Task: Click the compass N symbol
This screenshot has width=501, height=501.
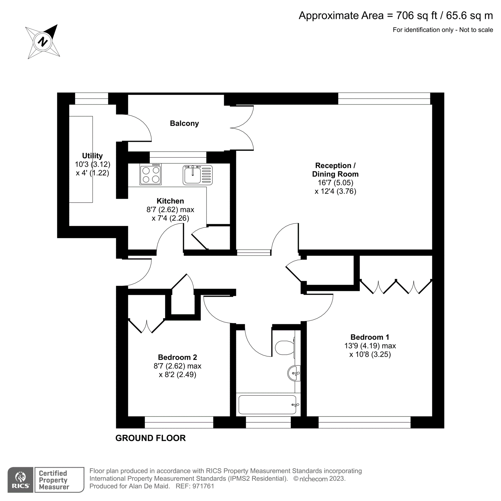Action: click(x=43, y=42)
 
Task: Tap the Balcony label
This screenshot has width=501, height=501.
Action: click(x=184, y=123)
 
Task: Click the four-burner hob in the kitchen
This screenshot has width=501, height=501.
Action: click(x=151, y=175)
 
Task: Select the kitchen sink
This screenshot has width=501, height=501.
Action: click(x=197, y=175)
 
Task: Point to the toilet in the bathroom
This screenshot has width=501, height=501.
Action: click(x=285, y=348)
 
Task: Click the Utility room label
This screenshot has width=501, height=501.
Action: click(x=92, y=156)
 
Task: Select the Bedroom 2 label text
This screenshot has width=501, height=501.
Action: click(x=177, y=357)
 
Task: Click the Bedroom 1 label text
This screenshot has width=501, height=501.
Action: click(x=370, y=337)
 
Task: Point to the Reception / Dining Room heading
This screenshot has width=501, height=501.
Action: click(x=335, y=170)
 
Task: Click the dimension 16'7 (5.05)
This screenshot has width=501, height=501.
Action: click(x=335, y=183)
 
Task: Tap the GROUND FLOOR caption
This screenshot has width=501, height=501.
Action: click(x=150, y=438)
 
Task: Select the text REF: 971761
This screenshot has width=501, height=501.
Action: click(x=195, y=486)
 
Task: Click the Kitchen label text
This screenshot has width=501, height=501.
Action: click(x=170, y=201)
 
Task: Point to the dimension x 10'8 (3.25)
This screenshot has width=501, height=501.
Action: click(x=370, y=354)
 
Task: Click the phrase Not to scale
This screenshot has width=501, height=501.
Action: click(x=476, y=30)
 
